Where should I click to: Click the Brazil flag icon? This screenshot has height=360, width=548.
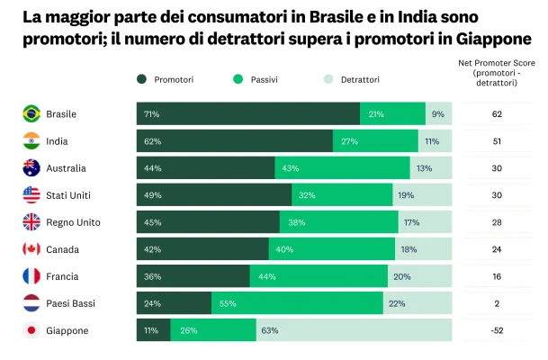pos(31,114)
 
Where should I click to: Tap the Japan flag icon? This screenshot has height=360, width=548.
pos(31,330)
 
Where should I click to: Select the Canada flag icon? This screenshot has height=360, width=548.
pos(31,249)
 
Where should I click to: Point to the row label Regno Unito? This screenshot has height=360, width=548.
pos(73,222)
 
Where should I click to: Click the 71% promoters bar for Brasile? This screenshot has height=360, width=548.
pos(248,114)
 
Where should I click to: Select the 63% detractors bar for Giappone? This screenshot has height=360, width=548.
pos(354,330)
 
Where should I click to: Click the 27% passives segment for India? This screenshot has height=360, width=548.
pos(375,141)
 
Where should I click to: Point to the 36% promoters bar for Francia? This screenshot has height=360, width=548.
pos(193,276)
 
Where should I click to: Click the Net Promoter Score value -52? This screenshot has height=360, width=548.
pos(497,330)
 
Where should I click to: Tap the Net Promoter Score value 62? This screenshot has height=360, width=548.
pos(497,114)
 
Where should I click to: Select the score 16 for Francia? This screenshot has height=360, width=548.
pos(497,276)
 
